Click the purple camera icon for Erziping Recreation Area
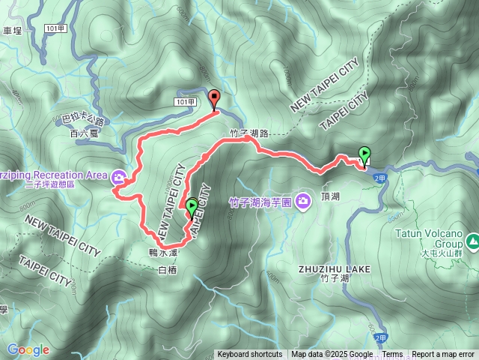(x=119, y=178)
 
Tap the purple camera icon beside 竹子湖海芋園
(x=302, y=200)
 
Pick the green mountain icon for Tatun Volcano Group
(x=472, y=241)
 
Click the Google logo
(x=28, y=349)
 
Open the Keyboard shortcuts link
(x=250, y=355)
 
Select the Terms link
(x=392, y=355)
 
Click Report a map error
(x=443, y=355)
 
